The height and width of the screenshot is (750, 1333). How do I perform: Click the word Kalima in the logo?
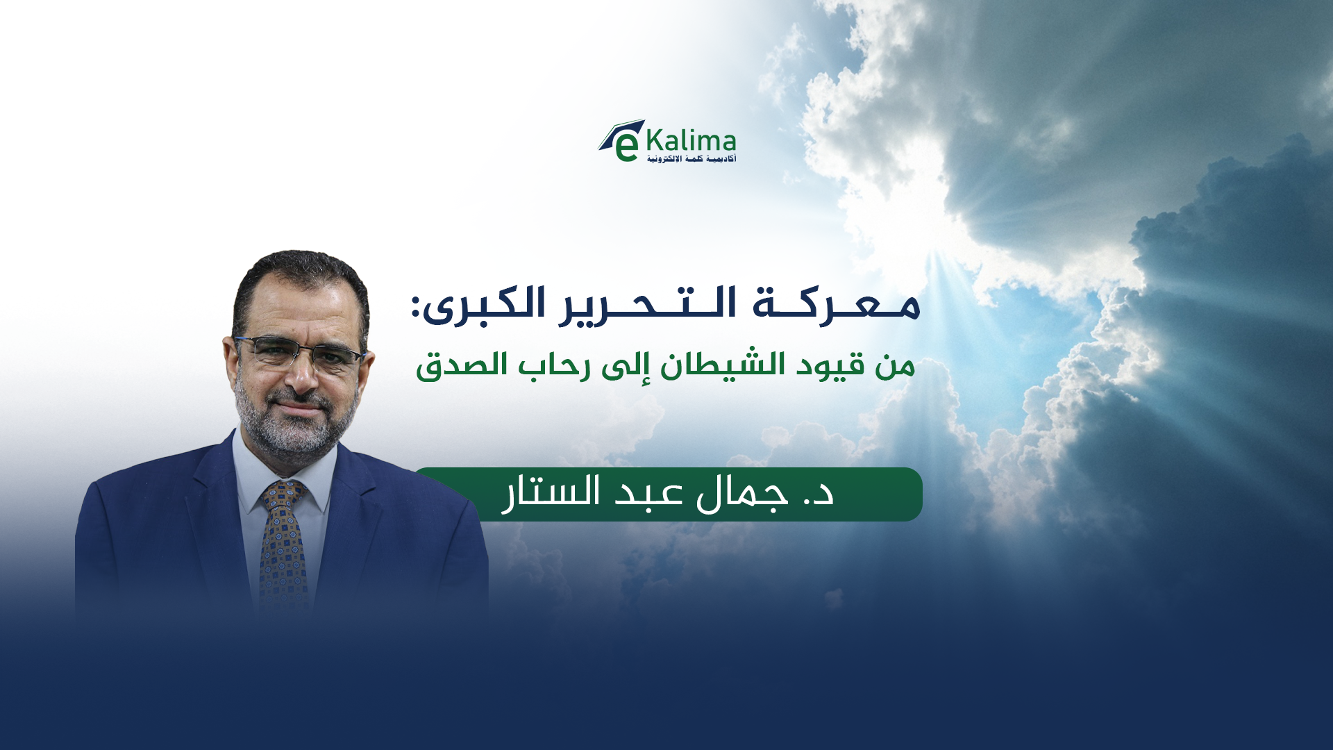coord(691,141)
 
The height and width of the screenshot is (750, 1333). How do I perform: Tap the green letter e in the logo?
coord(626,147)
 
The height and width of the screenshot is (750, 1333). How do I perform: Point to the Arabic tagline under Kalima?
coord(691,159)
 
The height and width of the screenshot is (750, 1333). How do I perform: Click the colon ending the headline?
coord(416,307)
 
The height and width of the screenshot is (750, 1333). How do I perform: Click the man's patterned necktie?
coord(283,549)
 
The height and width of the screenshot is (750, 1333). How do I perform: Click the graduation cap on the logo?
coord(621,132)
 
